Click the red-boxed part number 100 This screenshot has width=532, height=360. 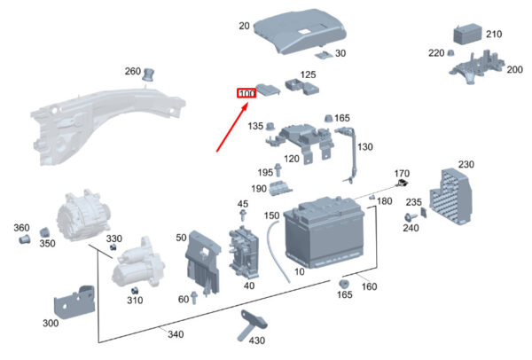[246, 93]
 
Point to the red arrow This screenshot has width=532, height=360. [232, 128]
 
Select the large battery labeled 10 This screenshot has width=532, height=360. [324, 231]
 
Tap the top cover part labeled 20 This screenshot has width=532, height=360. [300, 31]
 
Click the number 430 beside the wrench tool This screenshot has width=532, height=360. [256, 340]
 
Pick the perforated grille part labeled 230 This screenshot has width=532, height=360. [451, 196]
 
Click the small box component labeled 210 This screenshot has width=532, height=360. [467, 35]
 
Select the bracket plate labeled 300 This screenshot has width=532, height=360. [74, 302]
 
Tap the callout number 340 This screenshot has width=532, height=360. [176, 334]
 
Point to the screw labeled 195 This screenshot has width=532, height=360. [278, 170]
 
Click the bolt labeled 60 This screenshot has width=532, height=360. [194, 297]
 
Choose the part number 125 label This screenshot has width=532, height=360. [308, 74]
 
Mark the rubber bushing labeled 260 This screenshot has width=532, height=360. [148, 74]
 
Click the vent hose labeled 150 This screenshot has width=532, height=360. [277, 251]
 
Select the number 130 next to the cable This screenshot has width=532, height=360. [364, 147]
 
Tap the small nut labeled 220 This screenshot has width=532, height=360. [450, 53]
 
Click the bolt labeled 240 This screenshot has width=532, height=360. [410, 217]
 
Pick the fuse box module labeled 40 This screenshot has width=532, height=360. [243, 252]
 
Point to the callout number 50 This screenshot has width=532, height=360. [181, 238]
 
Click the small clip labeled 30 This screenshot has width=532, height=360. [324, 55]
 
